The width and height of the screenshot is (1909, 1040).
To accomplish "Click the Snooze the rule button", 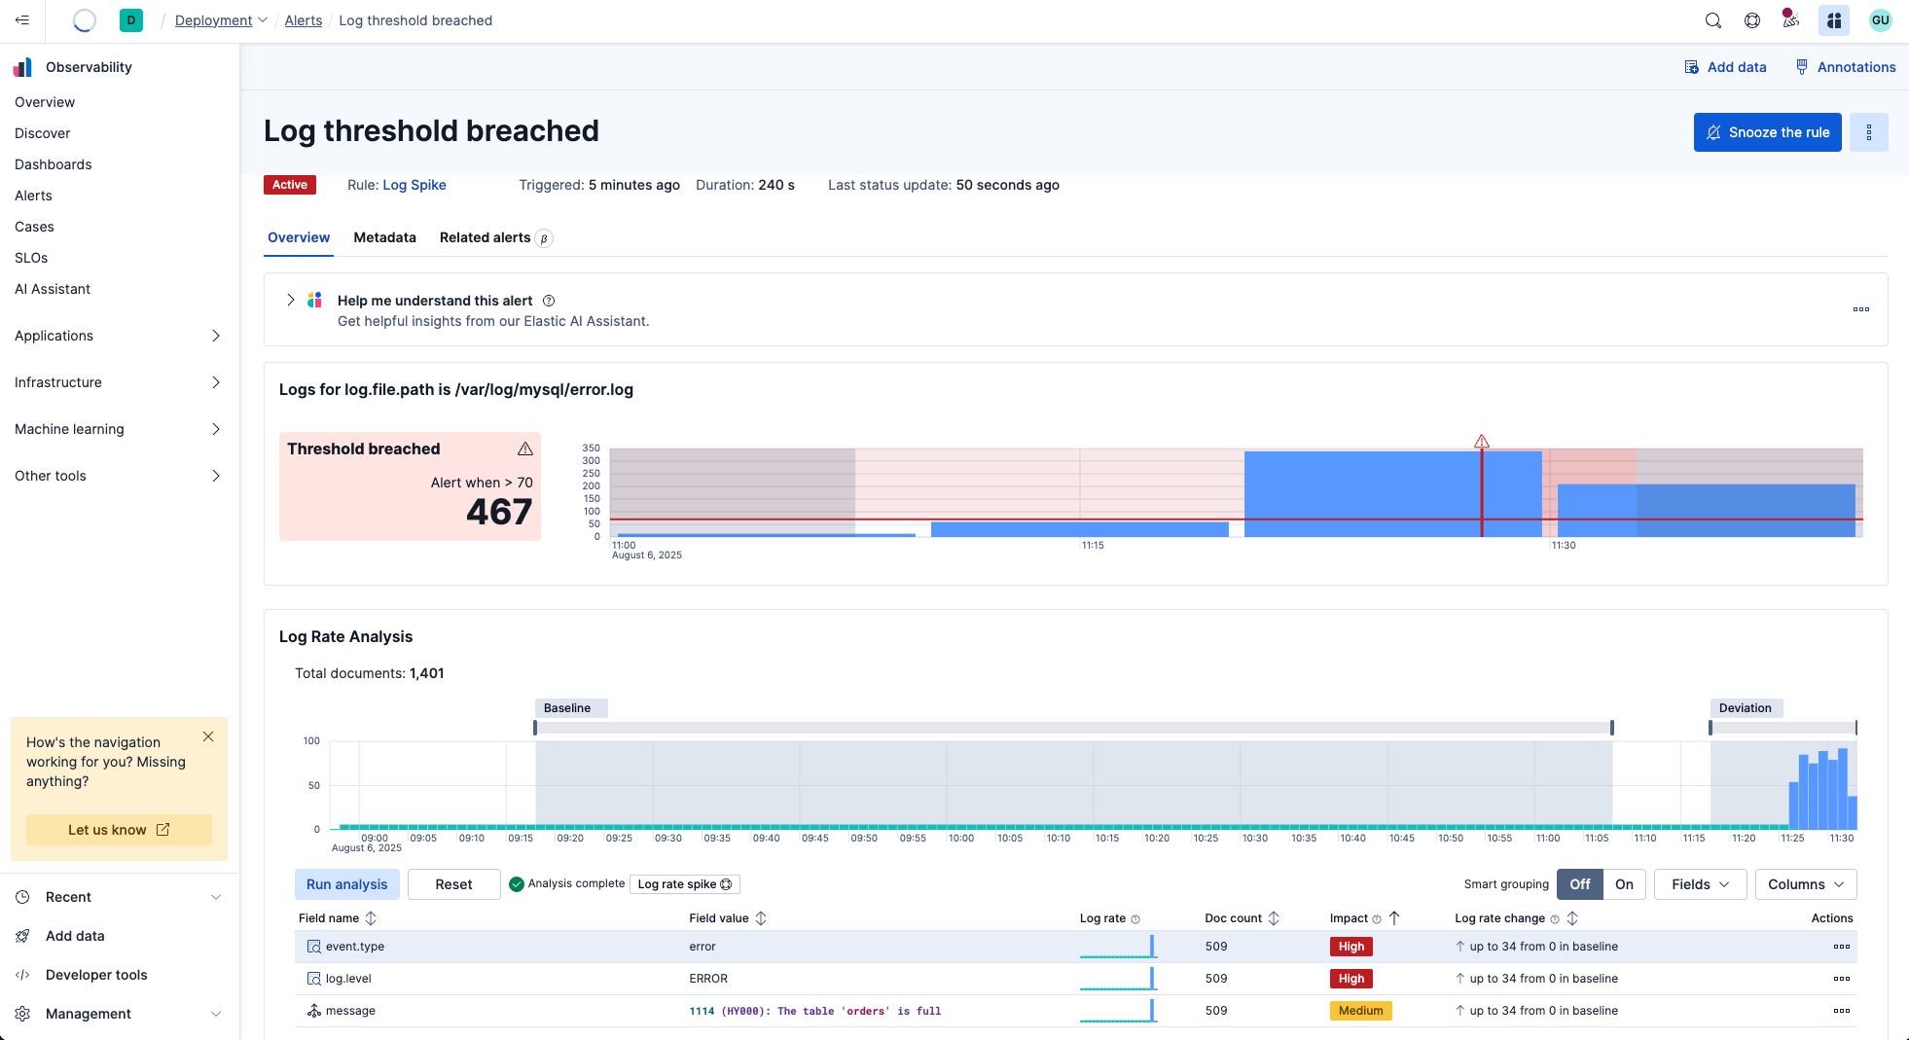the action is [1767, 132].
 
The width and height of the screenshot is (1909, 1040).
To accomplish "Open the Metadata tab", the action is [384, 237].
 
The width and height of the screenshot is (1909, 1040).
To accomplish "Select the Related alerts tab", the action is [486, 237].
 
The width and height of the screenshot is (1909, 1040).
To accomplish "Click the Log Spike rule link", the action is [414, 185].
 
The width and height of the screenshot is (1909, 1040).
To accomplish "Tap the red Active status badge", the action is [290, 185].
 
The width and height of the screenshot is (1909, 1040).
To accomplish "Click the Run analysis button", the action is [346, 884].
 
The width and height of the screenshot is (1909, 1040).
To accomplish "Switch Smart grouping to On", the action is [1624, 884].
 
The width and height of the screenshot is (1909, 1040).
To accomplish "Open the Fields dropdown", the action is [1700, 884].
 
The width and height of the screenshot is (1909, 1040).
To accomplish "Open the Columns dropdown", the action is [1806, 884].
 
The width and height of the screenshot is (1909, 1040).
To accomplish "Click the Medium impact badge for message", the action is [1360, 1011].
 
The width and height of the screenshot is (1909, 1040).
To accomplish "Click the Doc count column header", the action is [1233, 918].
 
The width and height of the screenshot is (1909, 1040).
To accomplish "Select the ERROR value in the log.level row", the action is [708, 979].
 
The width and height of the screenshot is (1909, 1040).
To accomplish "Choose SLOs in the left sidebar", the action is [31, 258].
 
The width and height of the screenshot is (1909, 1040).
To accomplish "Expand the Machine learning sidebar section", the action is [118, 429].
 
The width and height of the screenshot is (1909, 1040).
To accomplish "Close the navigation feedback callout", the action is [208, 736].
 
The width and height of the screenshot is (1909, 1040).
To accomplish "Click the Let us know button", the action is [119, 830].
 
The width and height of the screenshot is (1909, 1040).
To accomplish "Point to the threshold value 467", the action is [499, 512].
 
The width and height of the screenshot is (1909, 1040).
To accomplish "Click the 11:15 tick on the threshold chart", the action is [1093, 546].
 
